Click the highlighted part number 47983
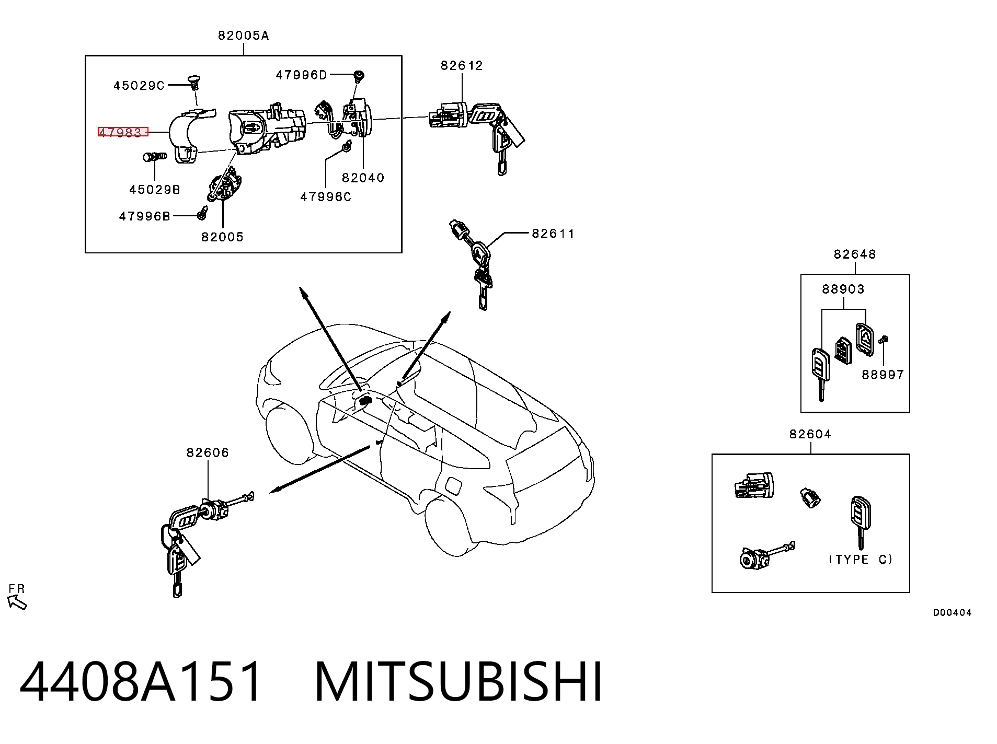120,132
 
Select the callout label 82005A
244,36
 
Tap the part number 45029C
139,86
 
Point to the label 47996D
301,75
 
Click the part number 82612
462,66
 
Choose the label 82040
363,178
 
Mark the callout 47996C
326,197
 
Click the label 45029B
155,190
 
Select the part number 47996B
145,216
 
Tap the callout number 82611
553,234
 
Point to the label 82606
208,453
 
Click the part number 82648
855,254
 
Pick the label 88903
843,289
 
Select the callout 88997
883,375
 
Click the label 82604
810,434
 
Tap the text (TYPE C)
861,560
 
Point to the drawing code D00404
953,613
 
